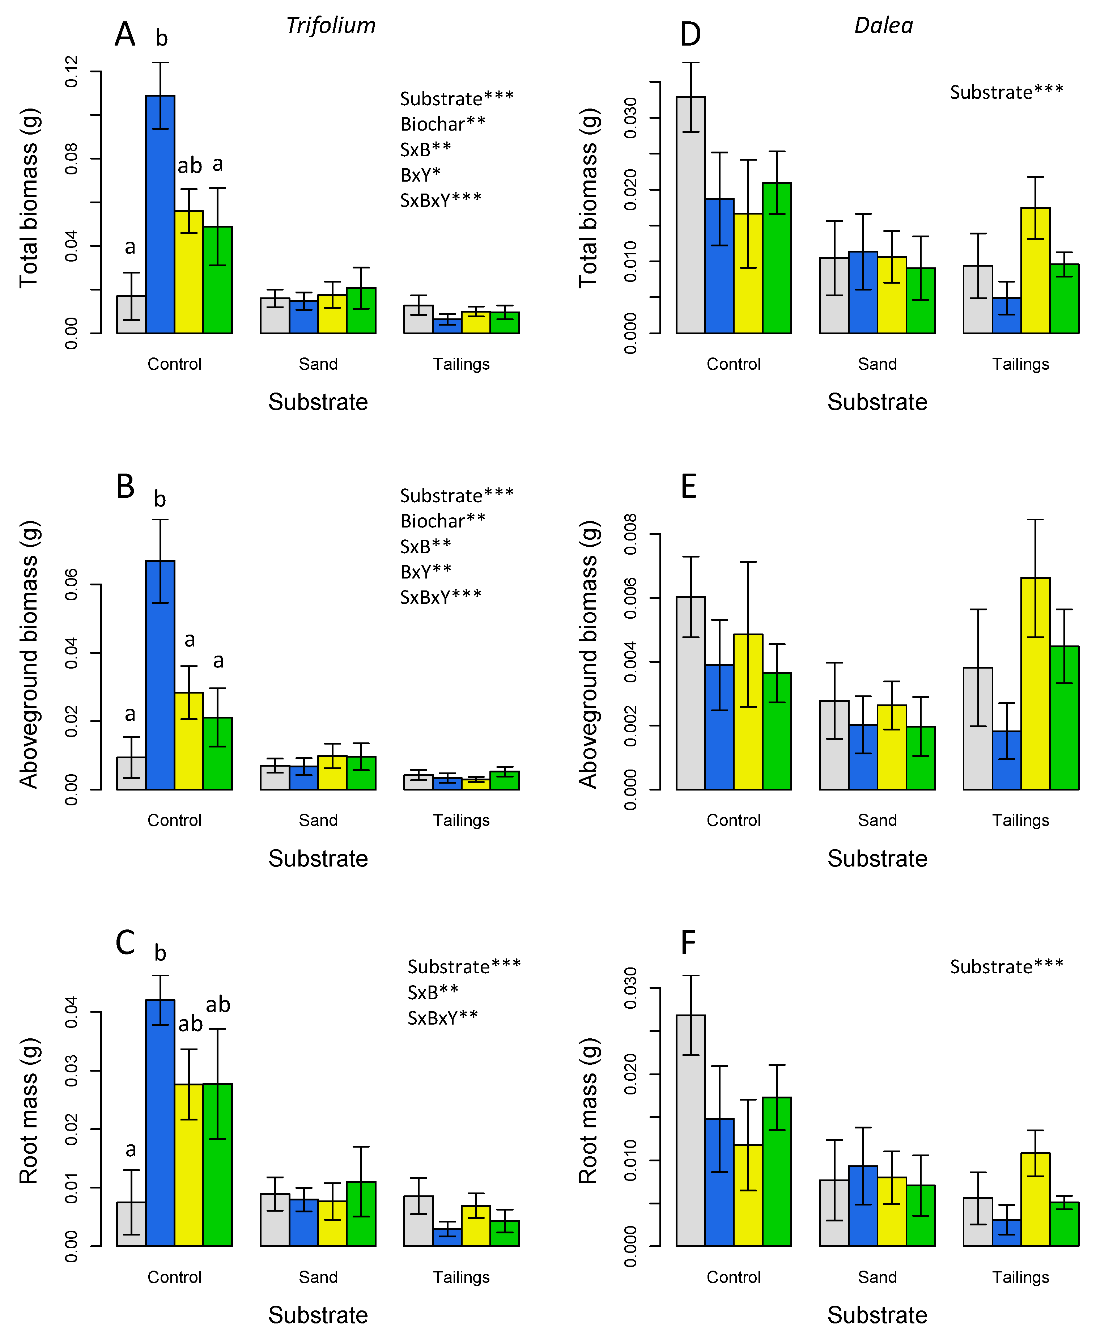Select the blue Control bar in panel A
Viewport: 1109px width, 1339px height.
click(160, 217)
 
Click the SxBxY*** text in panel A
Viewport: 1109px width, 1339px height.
click(441, 200)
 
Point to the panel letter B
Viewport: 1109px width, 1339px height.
click(126, 487)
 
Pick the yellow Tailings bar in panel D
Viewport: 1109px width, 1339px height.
click(1035, 271)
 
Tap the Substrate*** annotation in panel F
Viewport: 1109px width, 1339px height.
click(1006, 967)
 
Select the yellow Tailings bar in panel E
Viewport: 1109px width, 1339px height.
click(1035, 686)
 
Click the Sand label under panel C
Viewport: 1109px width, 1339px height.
click(318, 1277)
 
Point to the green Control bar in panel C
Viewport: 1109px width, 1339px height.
click(217, 1167)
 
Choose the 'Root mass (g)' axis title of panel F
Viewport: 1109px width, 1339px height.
click(588, 1111)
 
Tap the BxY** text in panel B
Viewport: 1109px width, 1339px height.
click(426, 572)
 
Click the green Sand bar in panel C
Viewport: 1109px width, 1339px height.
click(361, 1215)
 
